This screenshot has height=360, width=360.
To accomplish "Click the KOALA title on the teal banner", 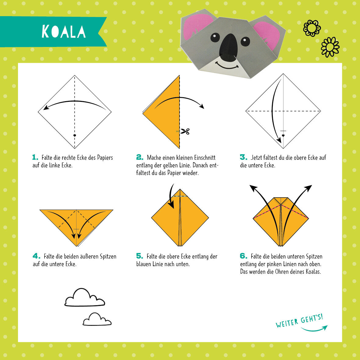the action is [x=64, y=31].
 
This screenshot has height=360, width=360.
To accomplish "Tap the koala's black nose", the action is [x=228, y=48].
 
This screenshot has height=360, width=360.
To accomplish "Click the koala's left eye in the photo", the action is [x=215, y=37].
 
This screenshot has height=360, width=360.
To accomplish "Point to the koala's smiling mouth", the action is [x=227, y=66].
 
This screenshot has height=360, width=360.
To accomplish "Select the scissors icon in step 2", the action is [x=185, y=131].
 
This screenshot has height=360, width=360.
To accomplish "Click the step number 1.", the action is [x=35, y=158].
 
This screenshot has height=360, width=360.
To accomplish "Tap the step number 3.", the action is [x=243, y=157].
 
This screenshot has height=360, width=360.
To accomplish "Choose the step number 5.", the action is [x=140, y=256].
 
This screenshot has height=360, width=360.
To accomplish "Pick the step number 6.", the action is [x=243, y=256].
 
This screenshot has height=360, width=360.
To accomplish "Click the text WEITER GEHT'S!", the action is [x=299, y=321].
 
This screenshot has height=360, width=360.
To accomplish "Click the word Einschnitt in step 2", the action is [x=205, y=158].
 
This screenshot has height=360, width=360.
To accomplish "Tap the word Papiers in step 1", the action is [x=105, y=158].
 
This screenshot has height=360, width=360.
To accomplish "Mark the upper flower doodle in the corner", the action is [x=312, y=28].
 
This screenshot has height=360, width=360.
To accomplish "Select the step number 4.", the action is [x=36, y=256].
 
